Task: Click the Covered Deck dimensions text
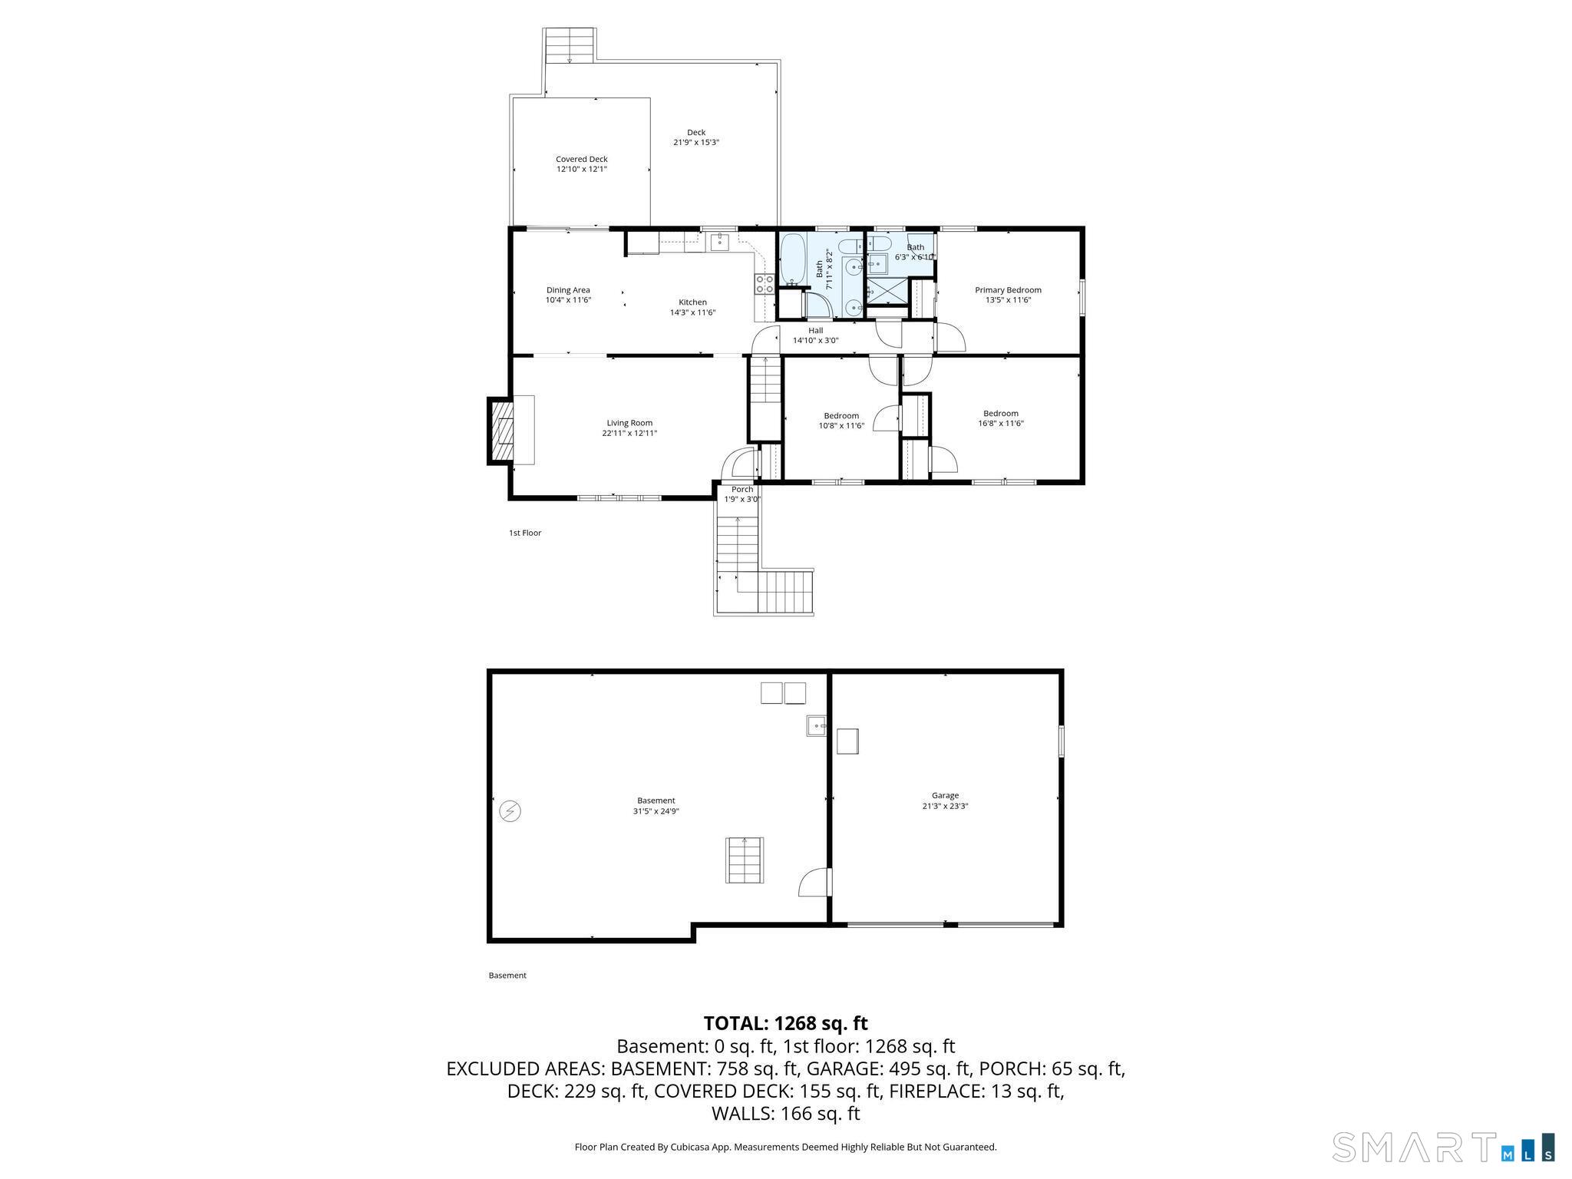click(x=582, y=169)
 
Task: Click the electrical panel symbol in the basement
click(x=510, y=811)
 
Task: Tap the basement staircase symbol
click(x=745, y=860)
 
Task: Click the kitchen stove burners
click(x=765, y=284)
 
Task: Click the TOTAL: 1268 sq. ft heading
click(x=785, y=1023)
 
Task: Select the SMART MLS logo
click(x=1443, y=1146)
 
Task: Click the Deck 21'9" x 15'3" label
click(x=696, y=137)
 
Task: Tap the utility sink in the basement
click(x=816, y=725)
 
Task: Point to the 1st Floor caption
click(x=525, y=533)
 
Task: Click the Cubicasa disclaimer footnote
click(x=785, y=1147)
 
